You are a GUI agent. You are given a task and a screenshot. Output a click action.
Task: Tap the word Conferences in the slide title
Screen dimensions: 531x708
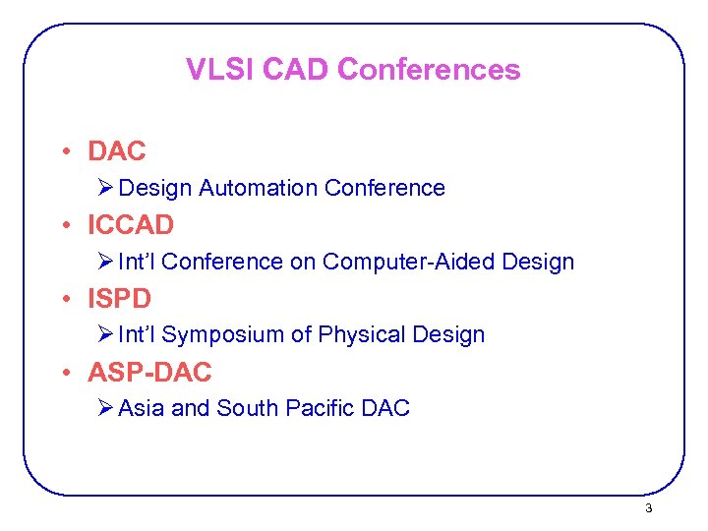pyautogui.click(x=429, y=70)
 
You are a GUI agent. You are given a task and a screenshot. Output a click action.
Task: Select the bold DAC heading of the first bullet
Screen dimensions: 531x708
pyautogui.click(x=116, y=151)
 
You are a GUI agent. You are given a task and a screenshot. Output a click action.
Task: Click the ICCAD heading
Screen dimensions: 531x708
pyautogui.click(x=130, y=225)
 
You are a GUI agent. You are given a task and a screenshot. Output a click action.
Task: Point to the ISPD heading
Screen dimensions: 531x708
pyautogui.click(x=119, y=298)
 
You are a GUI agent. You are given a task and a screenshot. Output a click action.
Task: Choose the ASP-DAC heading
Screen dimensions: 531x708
pyautogui.click(x=149, y=373)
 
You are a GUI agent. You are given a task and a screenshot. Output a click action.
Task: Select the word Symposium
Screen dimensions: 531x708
pyautogui.click(x=222, y=335)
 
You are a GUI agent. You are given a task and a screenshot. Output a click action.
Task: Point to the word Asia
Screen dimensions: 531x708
pyautogui.click(x=142, y=408)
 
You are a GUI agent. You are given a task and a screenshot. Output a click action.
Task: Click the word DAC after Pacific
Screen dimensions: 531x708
pyautogui.click(x=386, y=408)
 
